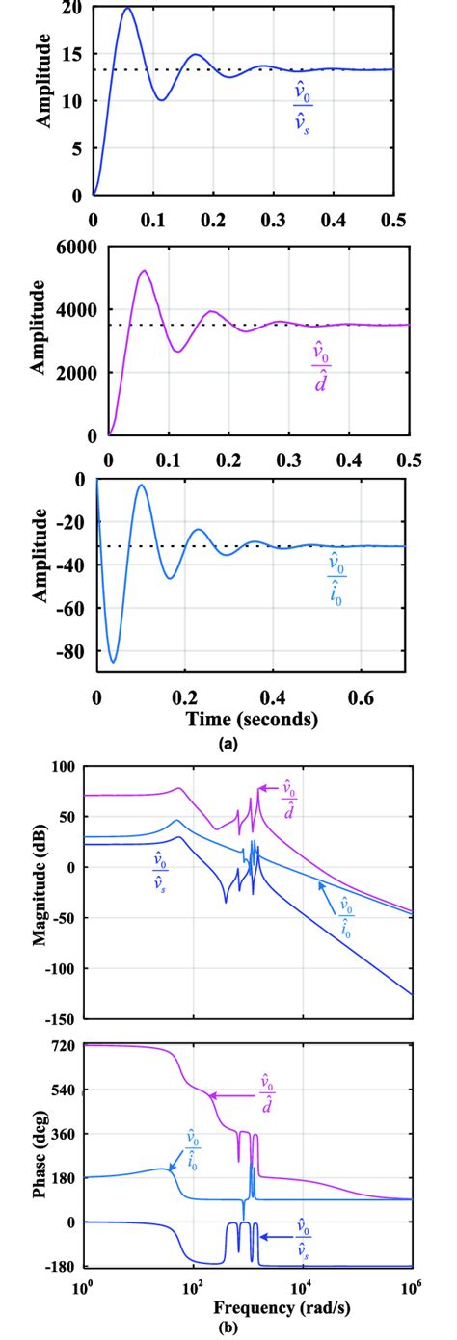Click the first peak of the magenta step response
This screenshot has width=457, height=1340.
coord(144,271)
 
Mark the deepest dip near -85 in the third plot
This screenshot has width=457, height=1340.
coord(114,662)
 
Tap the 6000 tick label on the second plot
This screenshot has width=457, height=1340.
coord(78,248)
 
